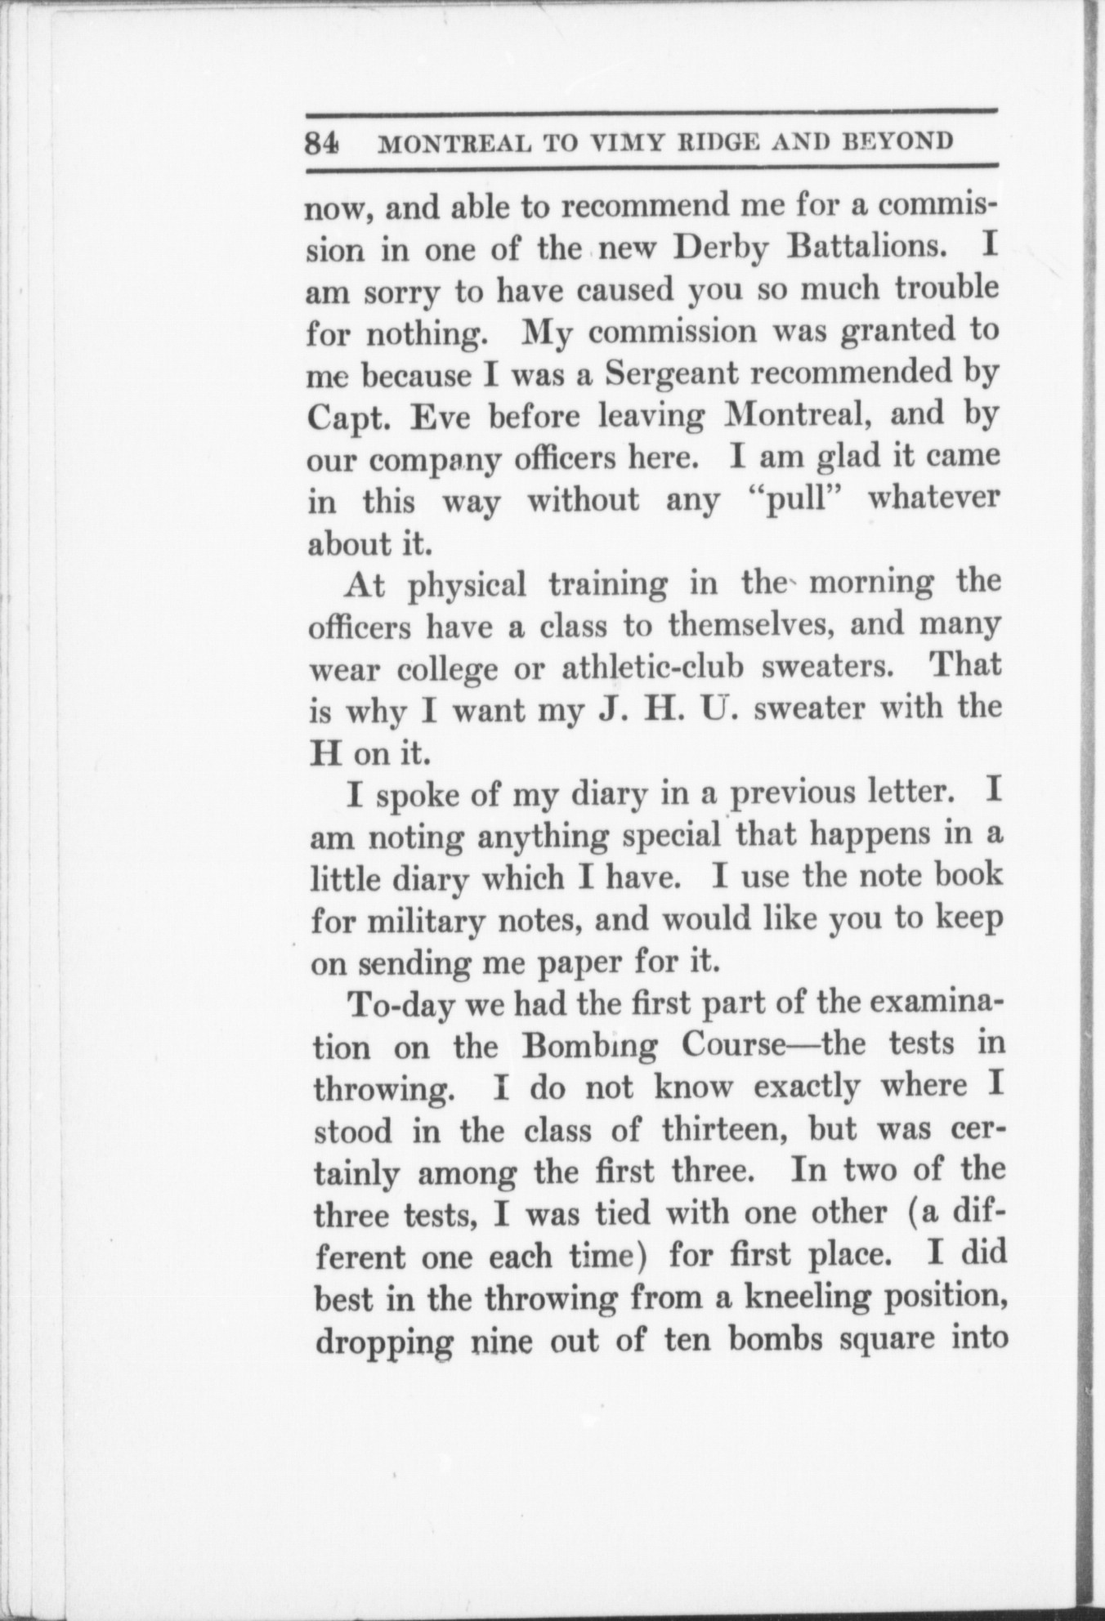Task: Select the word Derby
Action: click(x=720, y=248)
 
